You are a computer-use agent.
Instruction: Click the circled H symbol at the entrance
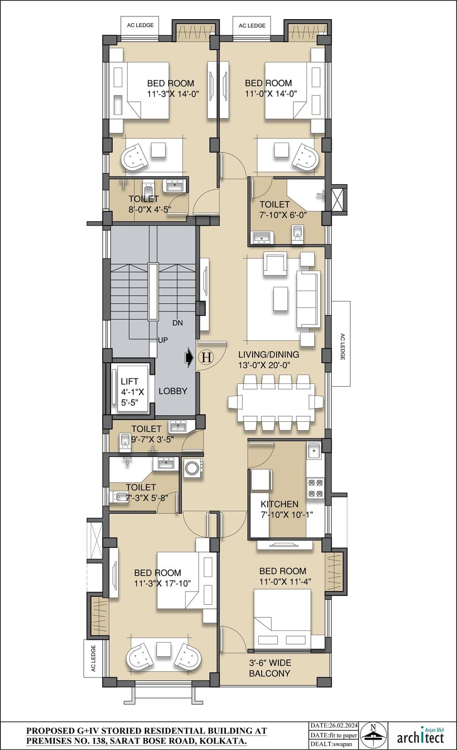(x=207, y=357)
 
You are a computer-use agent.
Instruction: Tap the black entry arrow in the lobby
(x=189, y=357)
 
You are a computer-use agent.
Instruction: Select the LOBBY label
(x=173, y=391)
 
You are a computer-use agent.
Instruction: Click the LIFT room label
(x=129, y=381)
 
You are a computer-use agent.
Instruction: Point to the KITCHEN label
(x=279, y=504)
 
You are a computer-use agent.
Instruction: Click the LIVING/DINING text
(x=269, y=354)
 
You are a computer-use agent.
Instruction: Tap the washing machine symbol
(x=193, y=468)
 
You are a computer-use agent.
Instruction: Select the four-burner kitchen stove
(x=315, y=488)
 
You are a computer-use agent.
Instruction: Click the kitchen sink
(x=314, y=450)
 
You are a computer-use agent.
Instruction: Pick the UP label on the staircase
(x=163, y=340)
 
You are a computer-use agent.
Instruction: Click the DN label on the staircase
(x=178, y=323)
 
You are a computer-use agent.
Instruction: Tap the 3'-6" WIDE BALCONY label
(x=270, y=667)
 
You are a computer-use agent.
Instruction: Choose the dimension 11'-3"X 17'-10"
(x=162, y=583)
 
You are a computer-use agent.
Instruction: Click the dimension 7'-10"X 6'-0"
(x=283, y=215)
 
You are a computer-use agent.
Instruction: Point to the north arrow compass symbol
(x=373, y=735)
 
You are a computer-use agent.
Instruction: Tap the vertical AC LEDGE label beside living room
(x=342, y=346)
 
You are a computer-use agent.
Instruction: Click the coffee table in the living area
(x=281, y=299)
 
